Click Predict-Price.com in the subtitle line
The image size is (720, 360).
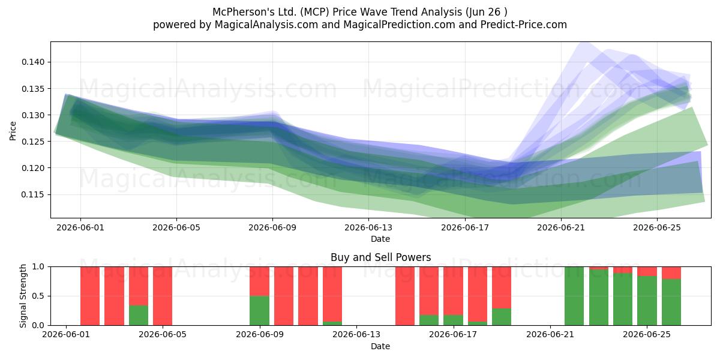pos(524,25)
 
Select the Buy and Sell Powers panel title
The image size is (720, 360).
pos(380,257)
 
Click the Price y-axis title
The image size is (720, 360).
pos(13,131)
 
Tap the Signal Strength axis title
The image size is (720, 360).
pos(23,296)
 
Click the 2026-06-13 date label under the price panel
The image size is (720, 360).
pos(368,227)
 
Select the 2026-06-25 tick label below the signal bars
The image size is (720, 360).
pos(647,335)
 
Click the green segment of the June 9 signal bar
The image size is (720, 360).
pos(259,311)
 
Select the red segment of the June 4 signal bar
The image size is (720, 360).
pos(139,286)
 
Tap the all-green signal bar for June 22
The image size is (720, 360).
pos(574,296)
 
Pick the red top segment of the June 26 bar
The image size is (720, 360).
pos(671,273)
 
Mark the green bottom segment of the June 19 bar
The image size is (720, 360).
pos(502,317)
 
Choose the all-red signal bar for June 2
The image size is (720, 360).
pos(90,296)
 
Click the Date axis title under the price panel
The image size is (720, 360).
pos(380,239)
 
